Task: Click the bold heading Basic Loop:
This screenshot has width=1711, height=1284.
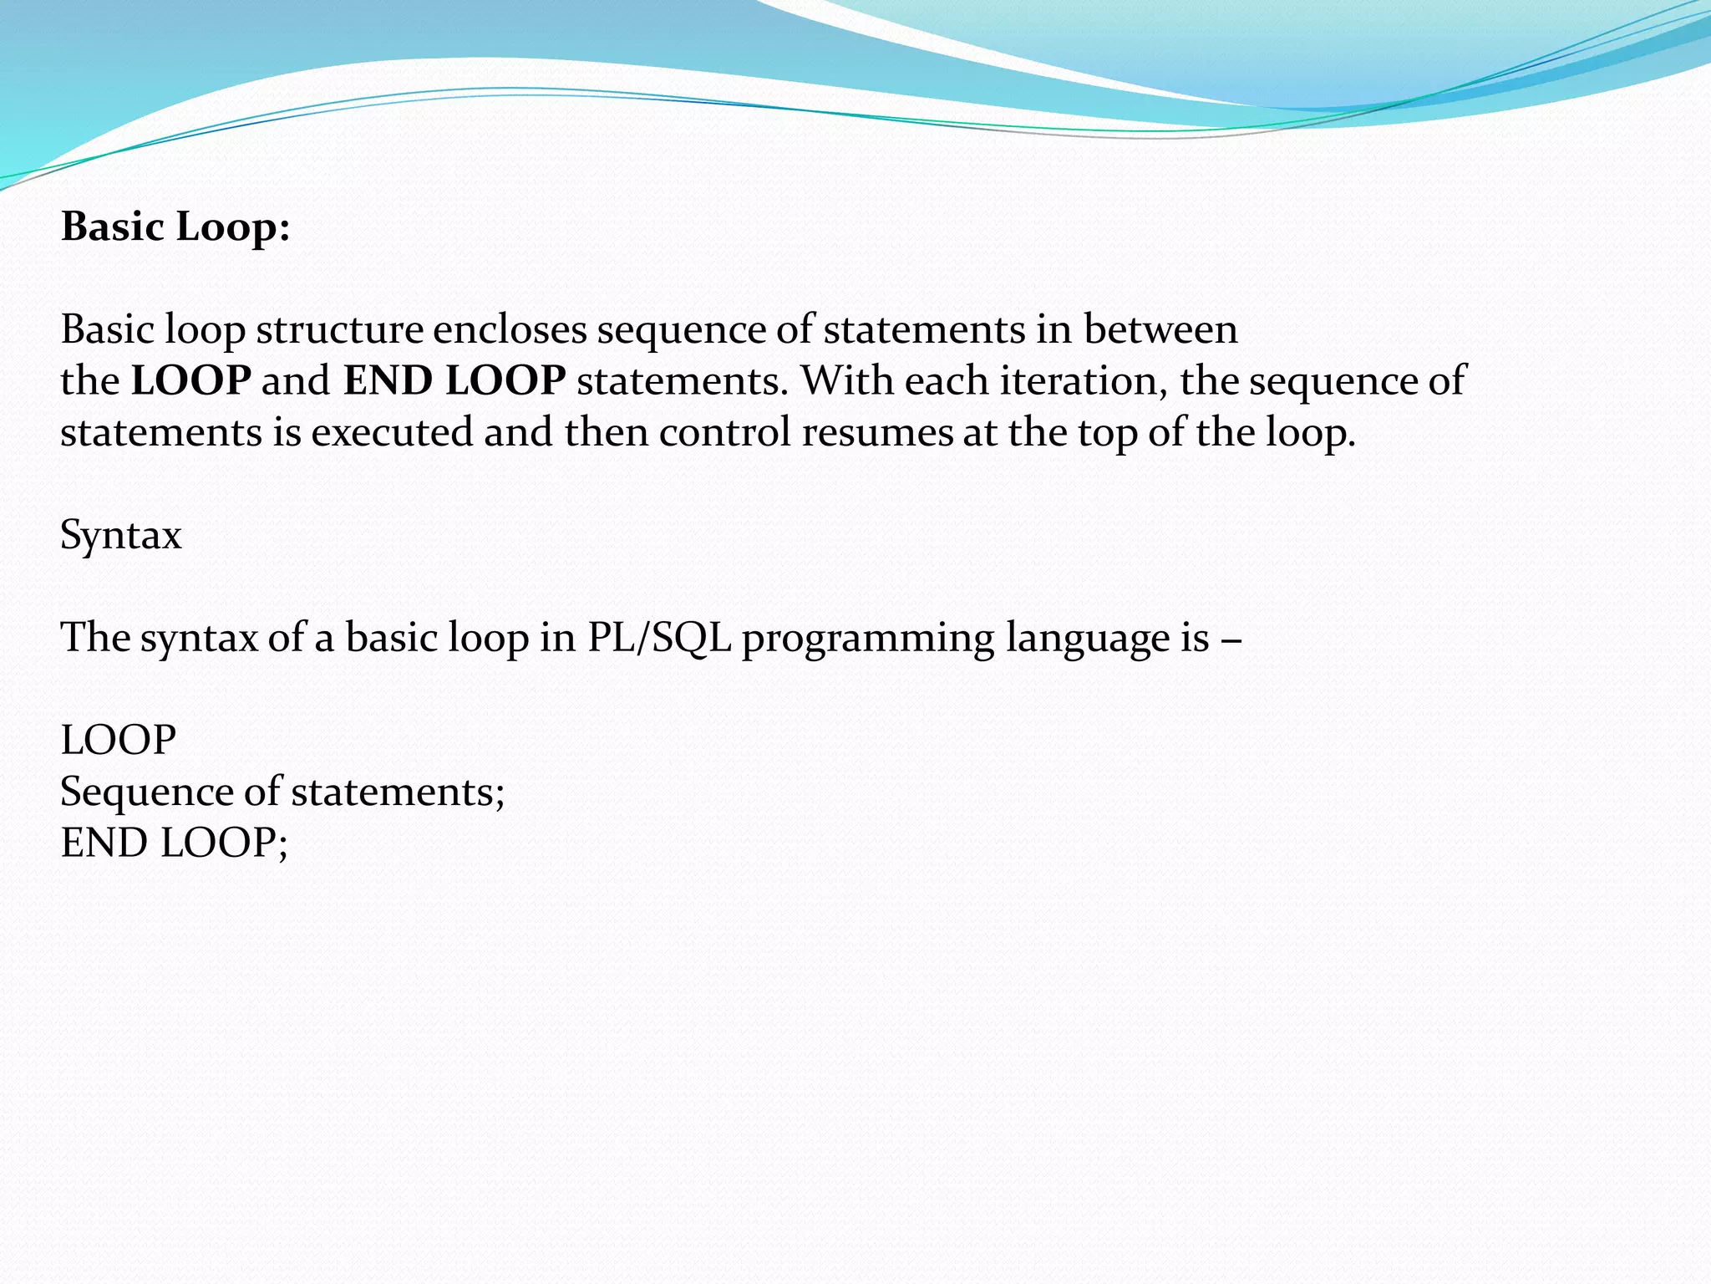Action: [x=175, y=227]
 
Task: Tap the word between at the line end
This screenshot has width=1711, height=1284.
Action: [x=1160, y=329]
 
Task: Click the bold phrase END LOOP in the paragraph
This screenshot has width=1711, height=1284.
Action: [x=454, y=381]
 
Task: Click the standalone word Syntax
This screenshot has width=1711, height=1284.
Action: [x=121, y=536]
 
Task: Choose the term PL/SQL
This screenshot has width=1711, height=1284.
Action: [x=658, y=638]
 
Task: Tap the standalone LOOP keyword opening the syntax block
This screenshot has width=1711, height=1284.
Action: [x=119, y=741]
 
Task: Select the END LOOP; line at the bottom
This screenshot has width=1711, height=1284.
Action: [x=174, y=843]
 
